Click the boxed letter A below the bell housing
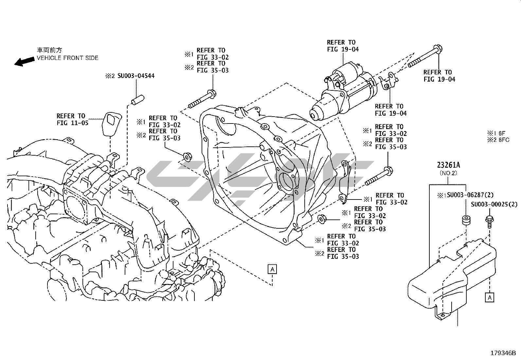coord(272,269)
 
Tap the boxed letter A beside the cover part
coord(490,297)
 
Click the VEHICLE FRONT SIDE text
coord(67,58)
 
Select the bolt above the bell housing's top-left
coord(202,100)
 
